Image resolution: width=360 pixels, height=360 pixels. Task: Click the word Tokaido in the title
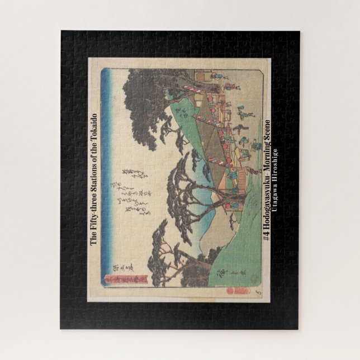(94, 128)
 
